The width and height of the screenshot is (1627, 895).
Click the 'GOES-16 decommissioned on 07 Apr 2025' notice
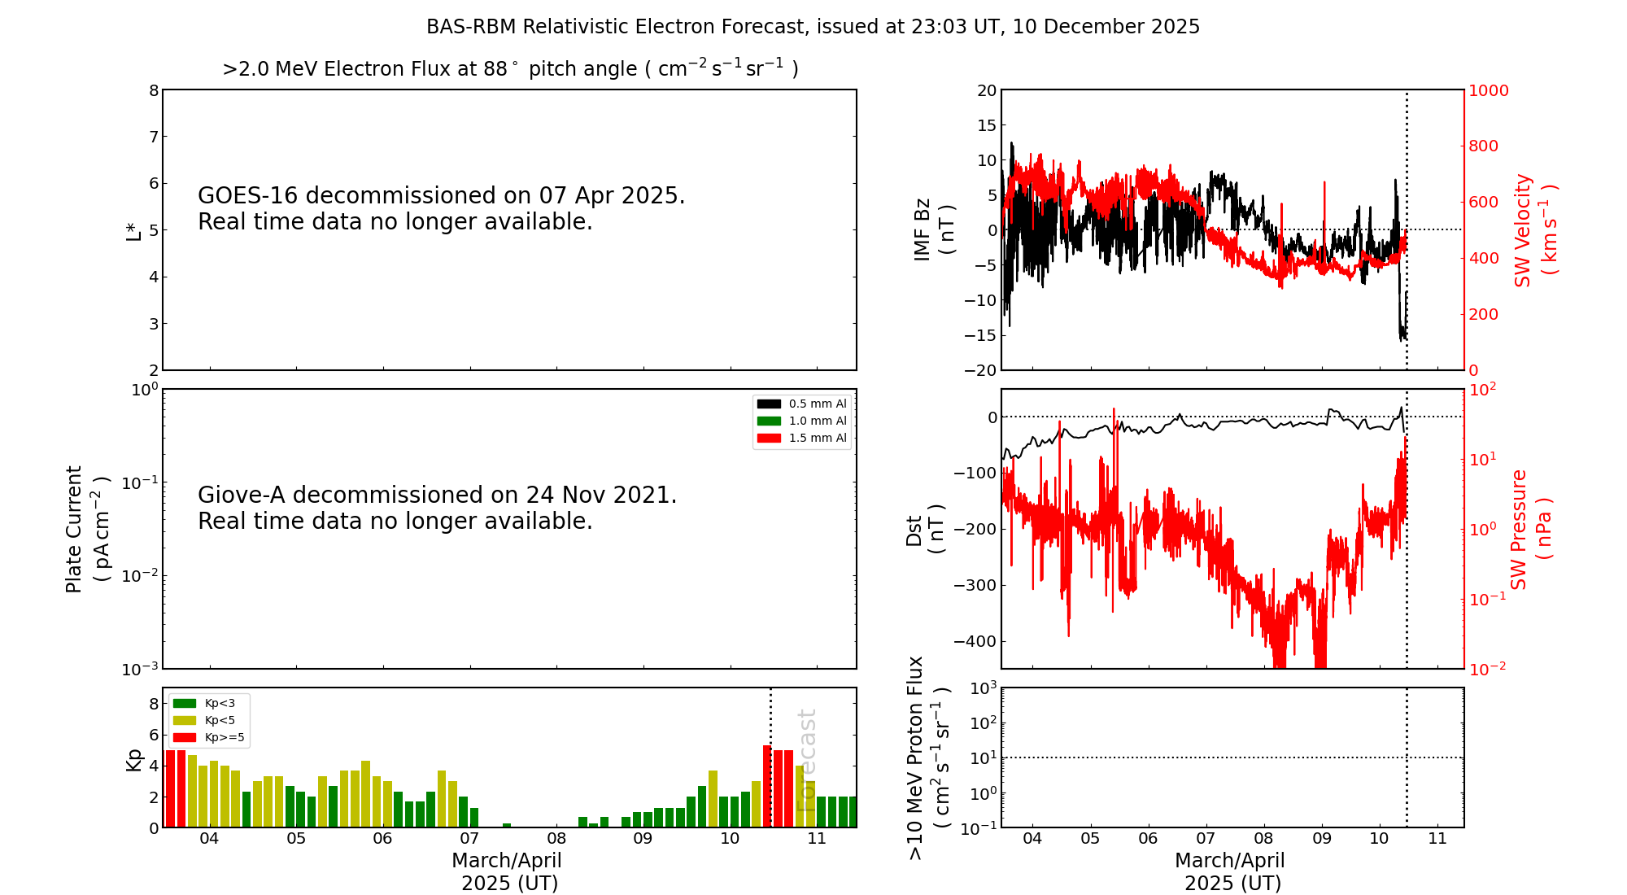coord(441,196)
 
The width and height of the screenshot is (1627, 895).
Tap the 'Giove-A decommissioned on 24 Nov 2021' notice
coord(437,496)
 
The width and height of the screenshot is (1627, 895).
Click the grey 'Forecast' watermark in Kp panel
coord(806,761)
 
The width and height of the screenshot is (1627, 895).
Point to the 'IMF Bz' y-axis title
coord(923,229)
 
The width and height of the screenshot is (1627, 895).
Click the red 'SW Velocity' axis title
coord(1523,229)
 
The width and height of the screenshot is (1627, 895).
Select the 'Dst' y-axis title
coord(914,530)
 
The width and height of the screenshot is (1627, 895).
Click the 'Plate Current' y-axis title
coord(74,529)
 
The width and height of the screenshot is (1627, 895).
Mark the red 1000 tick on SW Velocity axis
coord(1488,90)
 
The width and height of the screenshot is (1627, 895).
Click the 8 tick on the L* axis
coord(154,90)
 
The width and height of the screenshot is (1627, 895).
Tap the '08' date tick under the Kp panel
coord(556,838)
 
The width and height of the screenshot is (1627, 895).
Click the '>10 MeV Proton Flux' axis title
coord(916,757)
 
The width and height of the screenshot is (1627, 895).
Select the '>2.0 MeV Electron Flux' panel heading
coord(510,69)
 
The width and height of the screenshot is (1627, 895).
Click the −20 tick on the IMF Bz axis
coord(979,370)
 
